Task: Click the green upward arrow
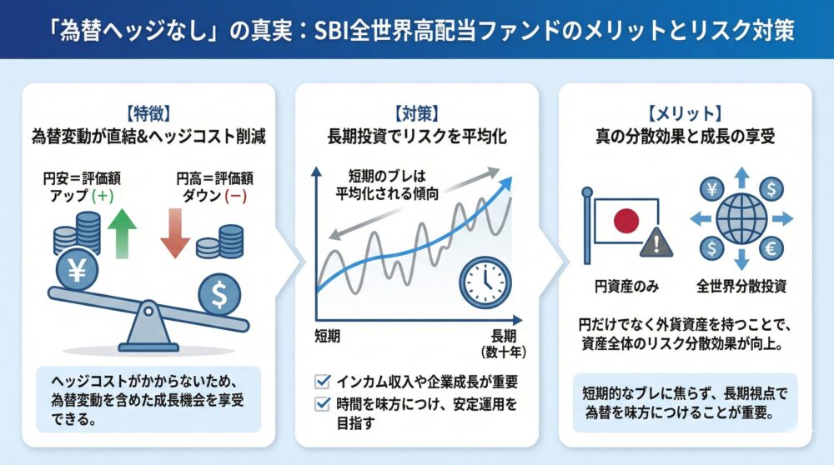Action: click(122, 232)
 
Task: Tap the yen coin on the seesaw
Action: click(77, 270)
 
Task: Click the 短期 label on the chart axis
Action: click(327, 336)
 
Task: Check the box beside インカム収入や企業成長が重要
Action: click(322, 382)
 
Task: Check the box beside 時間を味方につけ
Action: click(322, 404)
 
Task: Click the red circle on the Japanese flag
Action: click(626, 220)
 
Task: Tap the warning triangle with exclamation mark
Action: click(657, 243)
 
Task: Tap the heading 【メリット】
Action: click(684, 111)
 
